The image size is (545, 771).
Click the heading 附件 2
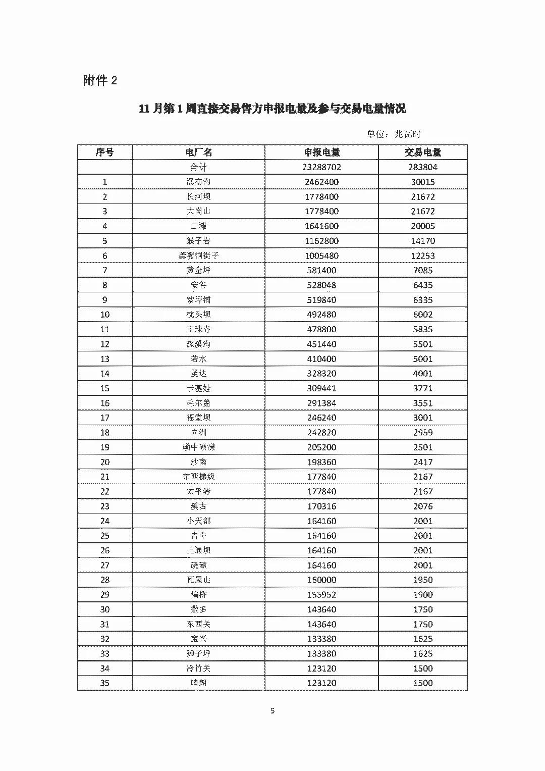100,80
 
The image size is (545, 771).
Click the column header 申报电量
321,152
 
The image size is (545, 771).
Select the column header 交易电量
423,152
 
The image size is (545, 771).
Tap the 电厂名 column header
198,152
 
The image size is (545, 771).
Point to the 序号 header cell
104,152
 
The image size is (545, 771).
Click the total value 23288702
321,167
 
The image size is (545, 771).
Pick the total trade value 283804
423,167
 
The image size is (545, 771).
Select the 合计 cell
198,167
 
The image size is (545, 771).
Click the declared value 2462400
321,182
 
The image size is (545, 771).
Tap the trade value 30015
423,182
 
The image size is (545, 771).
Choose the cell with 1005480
321,255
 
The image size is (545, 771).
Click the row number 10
104,315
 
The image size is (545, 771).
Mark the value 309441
321,388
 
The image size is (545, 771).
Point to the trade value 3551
423,403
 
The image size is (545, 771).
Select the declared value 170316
321,506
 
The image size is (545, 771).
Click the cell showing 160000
321,580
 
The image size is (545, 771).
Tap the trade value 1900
423,594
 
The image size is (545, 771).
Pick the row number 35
104,683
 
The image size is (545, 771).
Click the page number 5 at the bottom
272,711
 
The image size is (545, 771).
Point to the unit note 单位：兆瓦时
394,134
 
